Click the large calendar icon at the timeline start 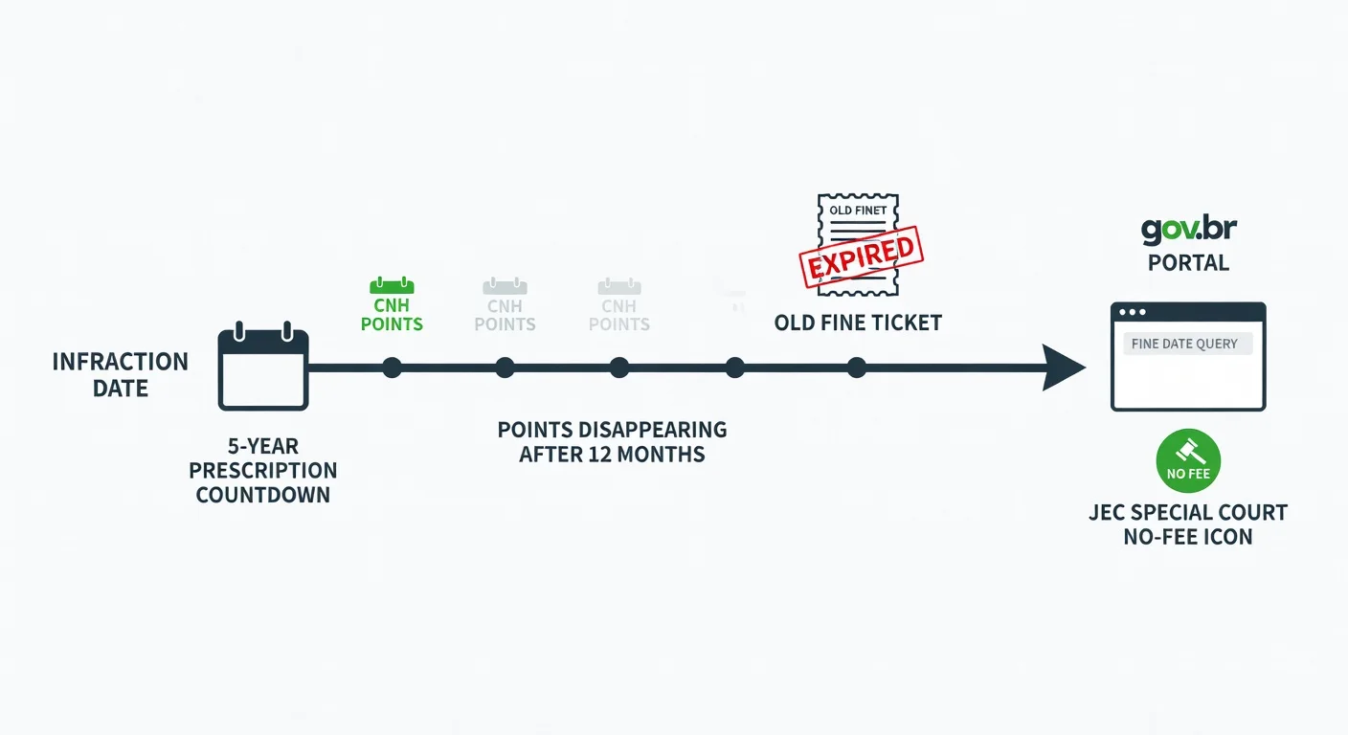pyautogui.click(x=263, y=367)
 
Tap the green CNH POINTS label pyautogui.click(x=392, y=315)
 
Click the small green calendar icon pyautogui.click(x=392, y=285)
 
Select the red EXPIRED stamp pyautogui.click(x=861, y=256)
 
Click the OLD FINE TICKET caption pyautogui.click(x=858, y=323)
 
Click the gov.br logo pyautogui.click(x=1188, y=229)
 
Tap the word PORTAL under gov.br pyautogui.click(x=1188, y=263)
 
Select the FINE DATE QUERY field pyautogui.click(x=1188, y=344)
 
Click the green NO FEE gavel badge pyautogui.click(x=1188, y=460)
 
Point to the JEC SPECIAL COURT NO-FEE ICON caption pyautogui.click(x=1188, y=524)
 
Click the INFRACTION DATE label pyautogui.click(x=121, y=375)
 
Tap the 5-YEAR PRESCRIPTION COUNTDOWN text pyautogui.click(x=263, y=470)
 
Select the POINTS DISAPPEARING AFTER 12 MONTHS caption pyautogui.click(x=612, y=441)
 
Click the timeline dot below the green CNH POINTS pyautogui.click(x=392, y=367)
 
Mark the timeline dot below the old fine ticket pyautogui.click(x=856, y=367)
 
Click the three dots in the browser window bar pyautogui.click(x=1132, y=312)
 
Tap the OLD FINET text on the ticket pyautogui.click(x=858, y=210)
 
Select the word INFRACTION pyautogui.click(x=121, y=362)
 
